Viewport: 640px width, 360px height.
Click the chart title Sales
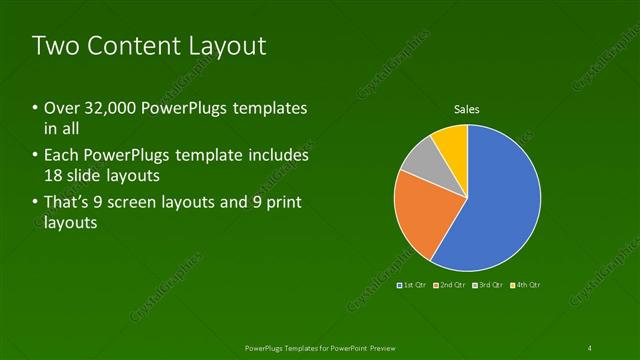[467, 109]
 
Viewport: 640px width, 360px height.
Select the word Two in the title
[52, 45]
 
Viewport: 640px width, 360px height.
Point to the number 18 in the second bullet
[54, 176]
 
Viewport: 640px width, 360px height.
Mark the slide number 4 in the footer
[590, 347]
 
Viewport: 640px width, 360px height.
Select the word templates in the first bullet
[270, 108]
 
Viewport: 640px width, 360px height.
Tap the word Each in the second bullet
[61, 156]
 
